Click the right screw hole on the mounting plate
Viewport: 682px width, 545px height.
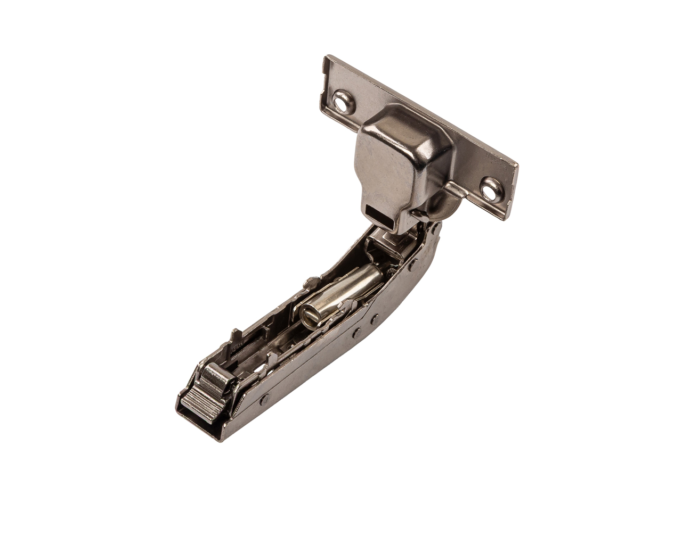(489, 188)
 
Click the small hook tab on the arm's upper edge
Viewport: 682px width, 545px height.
(307, 280)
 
